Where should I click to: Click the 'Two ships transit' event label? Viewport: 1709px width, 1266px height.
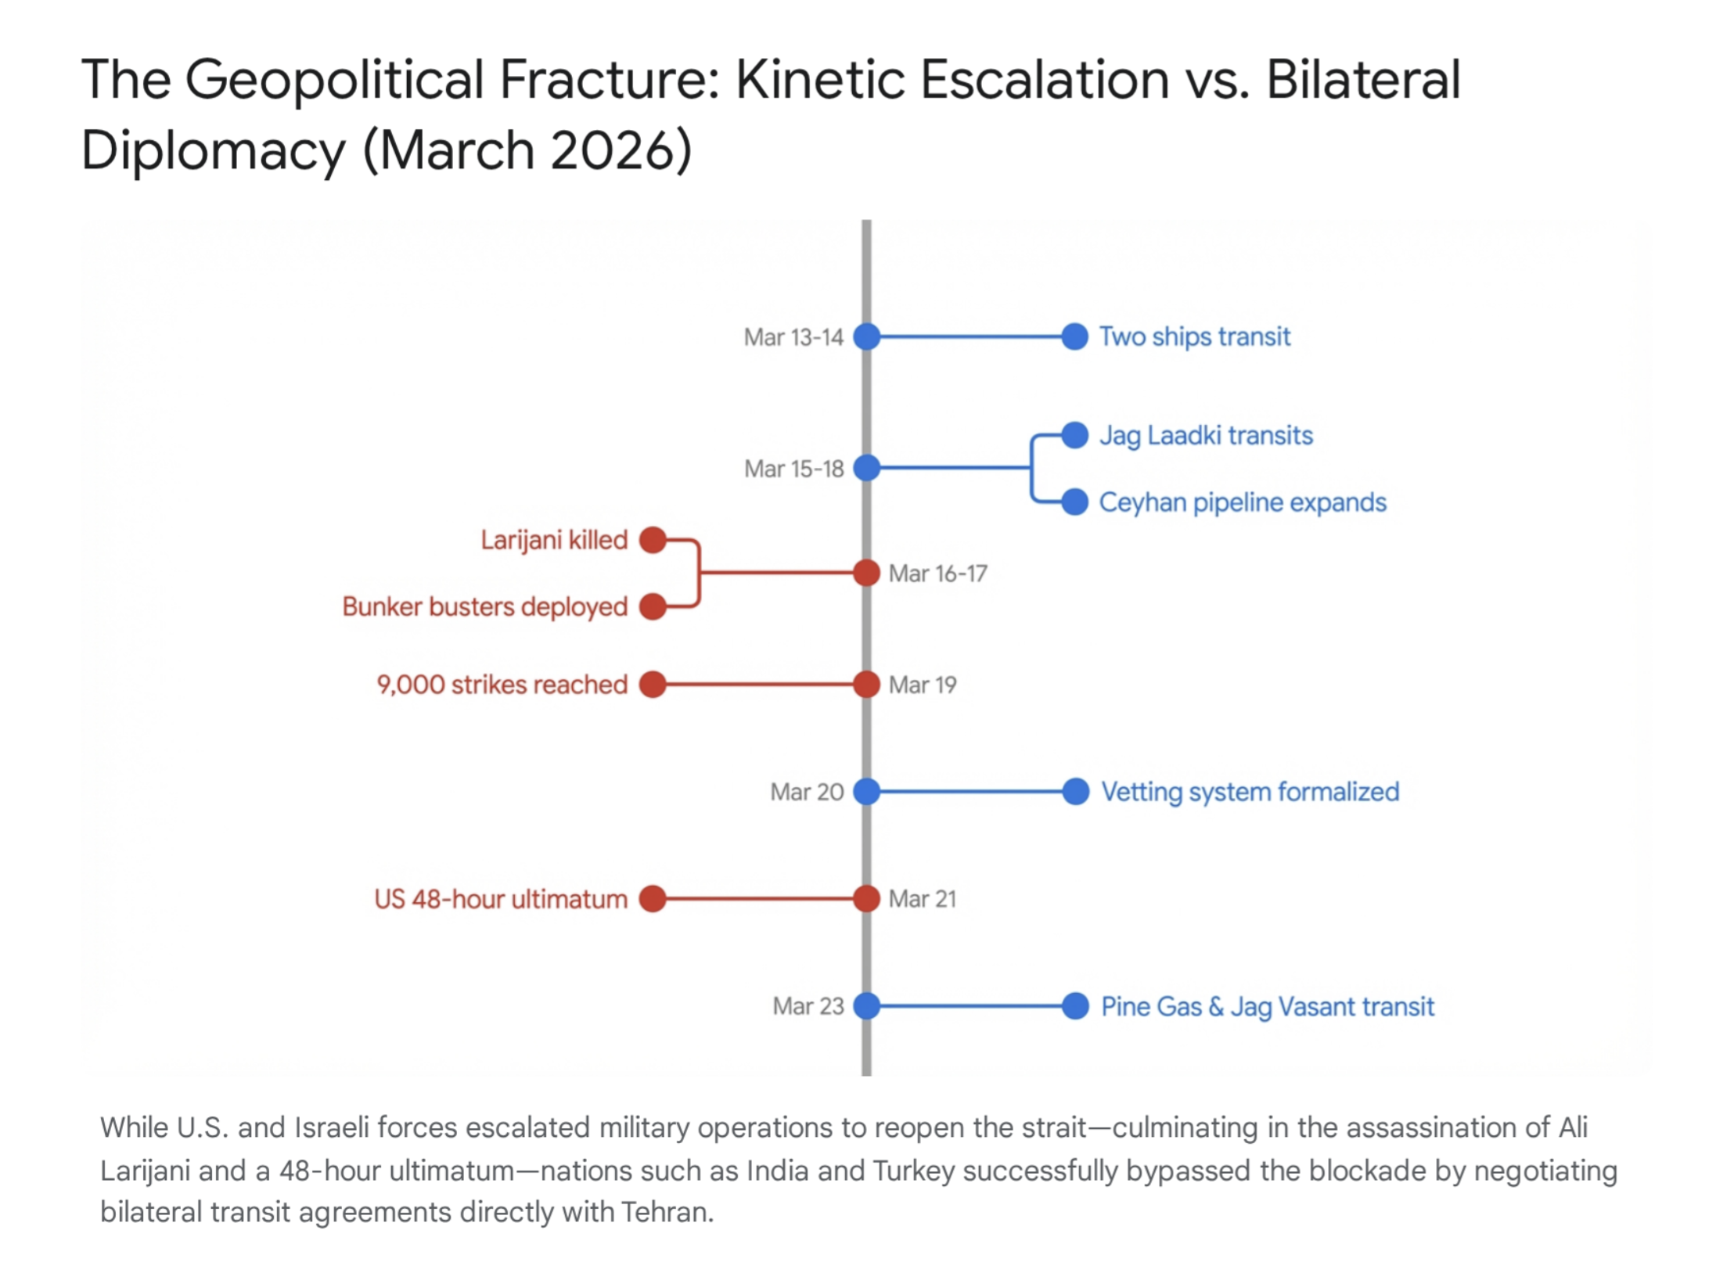(x=1194, y=336)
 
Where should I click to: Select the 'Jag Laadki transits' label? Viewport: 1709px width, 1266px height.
(x=1206, y=436)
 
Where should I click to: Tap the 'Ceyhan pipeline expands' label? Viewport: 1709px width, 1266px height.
(x=1243, y=502)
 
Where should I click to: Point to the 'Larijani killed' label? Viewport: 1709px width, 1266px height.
(x=554, y=540)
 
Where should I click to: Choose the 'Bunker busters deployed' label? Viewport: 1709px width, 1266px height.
(x=485, y=606)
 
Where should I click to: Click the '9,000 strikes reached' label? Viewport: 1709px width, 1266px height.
(x=502, y=685)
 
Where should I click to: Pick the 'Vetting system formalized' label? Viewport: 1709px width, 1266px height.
(x=1250, y=792)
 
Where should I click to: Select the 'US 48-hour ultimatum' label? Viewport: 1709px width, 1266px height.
(x=501, y=899)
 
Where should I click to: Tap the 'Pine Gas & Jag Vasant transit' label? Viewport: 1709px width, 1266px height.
(x=1268, y=1006)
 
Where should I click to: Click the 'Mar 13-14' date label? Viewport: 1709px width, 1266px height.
(x=793, y=337)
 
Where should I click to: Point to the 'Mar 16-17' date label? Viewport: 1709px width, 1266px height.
(x=937, y=574)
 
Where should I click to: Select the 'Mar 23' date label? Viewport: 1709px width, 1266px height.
(x=808, y=1006)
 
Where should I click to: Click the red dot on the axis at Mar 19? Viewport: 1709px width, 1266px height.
(x=866, y=685)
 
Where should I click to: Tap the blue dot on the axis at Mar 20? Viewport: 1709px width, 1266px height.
(x=866, y=792)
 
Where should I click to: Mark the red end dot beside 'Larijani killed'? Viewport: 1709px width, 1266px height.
(x=653, y=540)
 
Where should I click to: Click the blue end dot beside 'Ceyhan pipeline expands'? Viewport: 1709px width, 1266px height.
(x=1075, y=502)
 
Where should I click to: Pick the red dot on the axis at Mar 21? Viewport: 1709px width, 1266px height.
(x=866, y=899)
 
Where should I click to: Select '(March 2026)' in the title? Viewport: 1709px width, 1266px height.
(x=527, y=150)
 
